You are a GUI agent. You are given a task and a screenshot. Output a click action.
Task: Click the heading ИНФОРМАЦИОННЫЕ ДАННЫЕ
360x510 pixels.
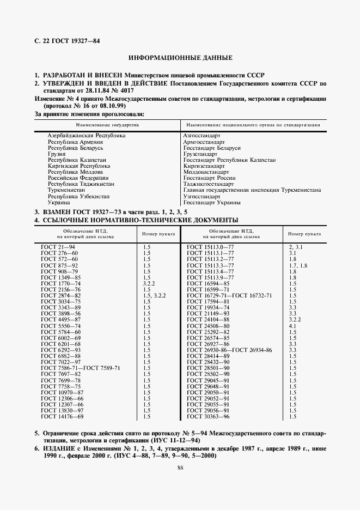tap(180, 57)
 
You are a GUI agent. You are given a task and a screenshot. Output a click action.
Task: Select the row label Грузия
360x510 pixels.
tap(57, 154)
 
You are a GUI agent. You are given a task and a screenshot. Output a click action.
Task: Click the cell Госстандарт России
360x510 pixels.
tap(210, 178)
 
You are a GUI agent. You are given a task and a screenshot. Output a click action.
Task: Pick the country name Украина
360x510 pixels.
tap(59, 202)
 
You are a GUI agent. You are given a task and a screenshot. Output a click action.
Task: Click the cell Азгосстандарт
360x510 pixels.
tap(202, 135)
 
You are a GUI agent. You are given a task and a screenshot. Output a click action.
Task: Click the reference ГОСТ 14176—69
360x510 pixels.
tap(62, 416)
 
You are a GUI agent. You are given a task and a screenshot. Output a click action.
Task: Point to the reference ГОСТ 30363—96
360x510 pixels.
tap(208, 416)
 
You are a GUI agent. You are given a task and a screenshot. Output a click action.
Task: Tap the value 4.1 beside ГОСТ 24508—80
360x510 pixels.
tap(292, 326)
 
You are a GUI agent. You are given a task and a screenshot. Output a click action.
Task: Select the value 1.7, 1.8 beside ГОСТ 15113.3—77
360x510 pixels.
tap(298, 265)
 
